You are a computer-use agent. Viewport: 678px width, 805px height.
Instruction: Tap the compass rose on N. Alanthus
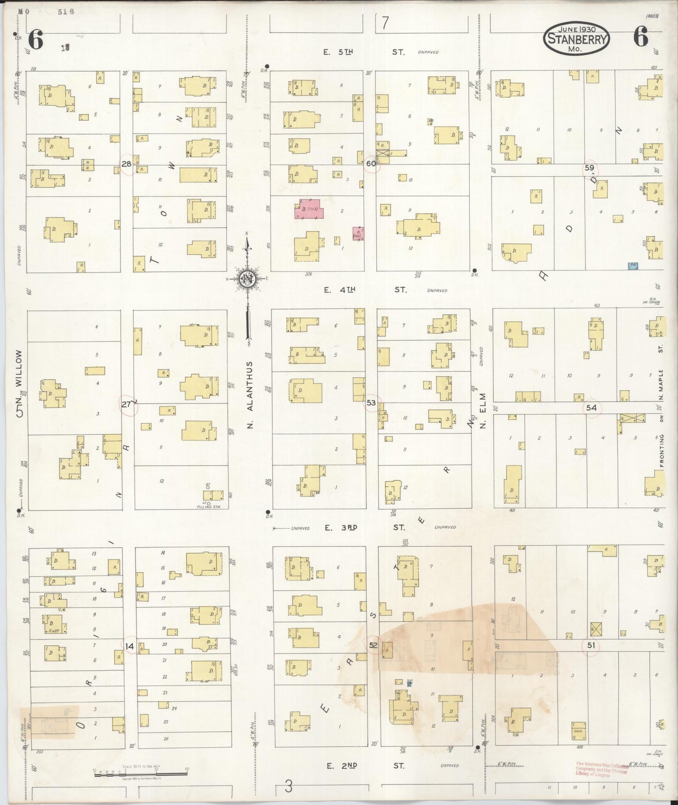point(247,279)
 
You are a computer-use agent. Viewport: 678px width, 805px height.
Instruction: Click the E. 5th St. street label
point(364,52)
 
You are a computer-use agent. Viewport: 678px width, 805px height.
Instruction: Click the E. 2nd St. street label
point(366,766)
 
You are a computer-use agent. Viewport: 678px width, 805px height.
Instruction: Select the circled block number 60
point(371,163)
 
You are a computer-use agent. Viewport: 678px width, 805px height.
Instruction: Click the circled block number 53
point(371,402)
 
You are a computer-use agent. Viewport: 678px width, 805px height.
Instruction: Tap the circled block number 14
point(130,646)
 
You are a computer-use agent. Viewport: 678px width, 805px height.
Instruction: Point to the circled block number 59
point(589,168)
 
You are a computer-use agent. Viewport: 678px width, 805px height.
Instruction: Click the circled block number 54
point(591,408)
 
